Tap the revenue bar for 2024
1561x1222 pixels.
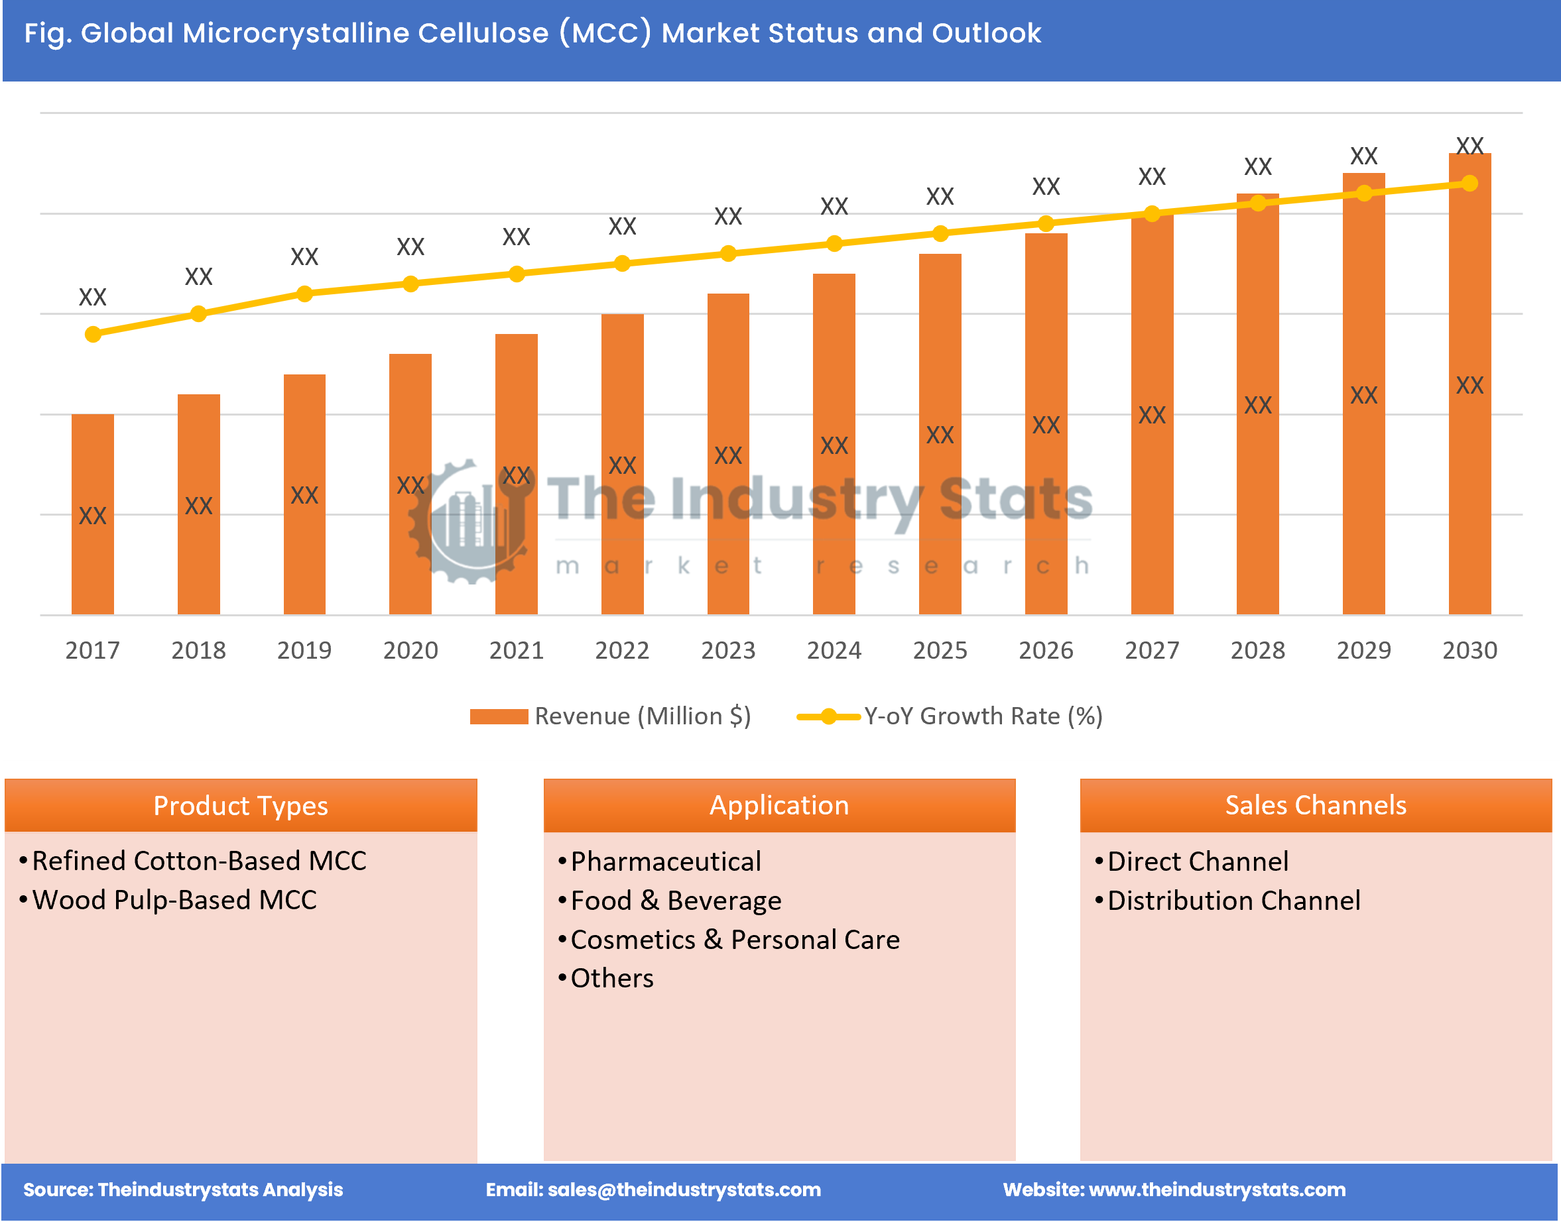[x=834, y=443]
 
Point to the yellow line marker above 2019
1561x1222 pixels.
[x=304, y=294]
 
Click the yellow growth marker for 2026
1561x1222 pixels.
[x=1046, y=224]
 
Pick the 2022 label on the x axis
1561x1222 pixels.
[x=622, y=650]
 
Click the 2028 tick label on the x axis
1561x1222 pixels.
[x=1257, y=650]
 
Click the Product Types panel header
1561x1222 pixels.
[x=241, y=806]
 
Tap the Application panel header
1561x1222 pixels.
[x=779, y=806]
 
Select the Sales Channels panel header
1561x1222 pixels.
[x=1316, y=806]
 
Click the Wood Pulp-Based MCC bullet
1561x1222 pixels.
[x=174, y=900]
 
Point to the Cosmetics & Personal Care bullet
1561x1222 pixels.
[x=734, y=940]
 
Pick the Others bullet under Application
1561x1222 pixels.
[x=611, y=978]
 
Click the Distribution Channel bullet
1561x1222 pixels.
[x=1233, y=901]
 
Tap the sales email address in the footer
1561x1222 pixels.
[x=684, y=1190]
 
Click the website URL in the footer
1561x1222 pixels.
[x=1217, y=1190]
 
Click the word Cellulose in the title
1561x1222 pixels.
[x=483, y=34]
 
